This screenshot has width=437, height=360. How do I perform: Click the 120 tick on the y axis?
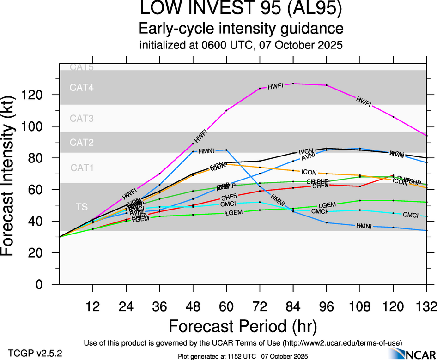click(36, 95)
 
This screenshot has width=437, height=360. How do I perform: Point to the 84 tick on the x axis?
click(293, 306)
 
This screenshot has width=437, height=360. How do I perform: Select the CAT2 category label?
click(82, 143)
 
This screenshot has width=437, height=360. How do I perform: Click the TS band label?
click(82, 206)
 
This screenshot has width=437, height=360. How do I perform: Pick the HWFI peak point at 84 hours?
click(293, 84)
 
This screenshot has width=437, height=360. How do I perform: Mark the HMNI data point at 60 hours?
click(226, 150)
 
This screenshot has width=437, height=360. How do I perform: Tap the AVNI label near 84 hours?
click(308, 157)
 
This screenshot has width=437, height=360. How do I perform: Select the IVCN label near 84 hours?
click(306, 151)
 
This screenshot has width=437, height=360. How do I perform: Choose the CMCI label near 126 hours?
click(411, 215)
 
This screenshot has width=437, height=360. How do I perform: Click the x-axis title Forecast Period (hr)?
click(243, 326)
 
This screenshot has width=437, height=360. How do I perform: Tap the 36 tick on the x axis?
click(159, 306)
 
